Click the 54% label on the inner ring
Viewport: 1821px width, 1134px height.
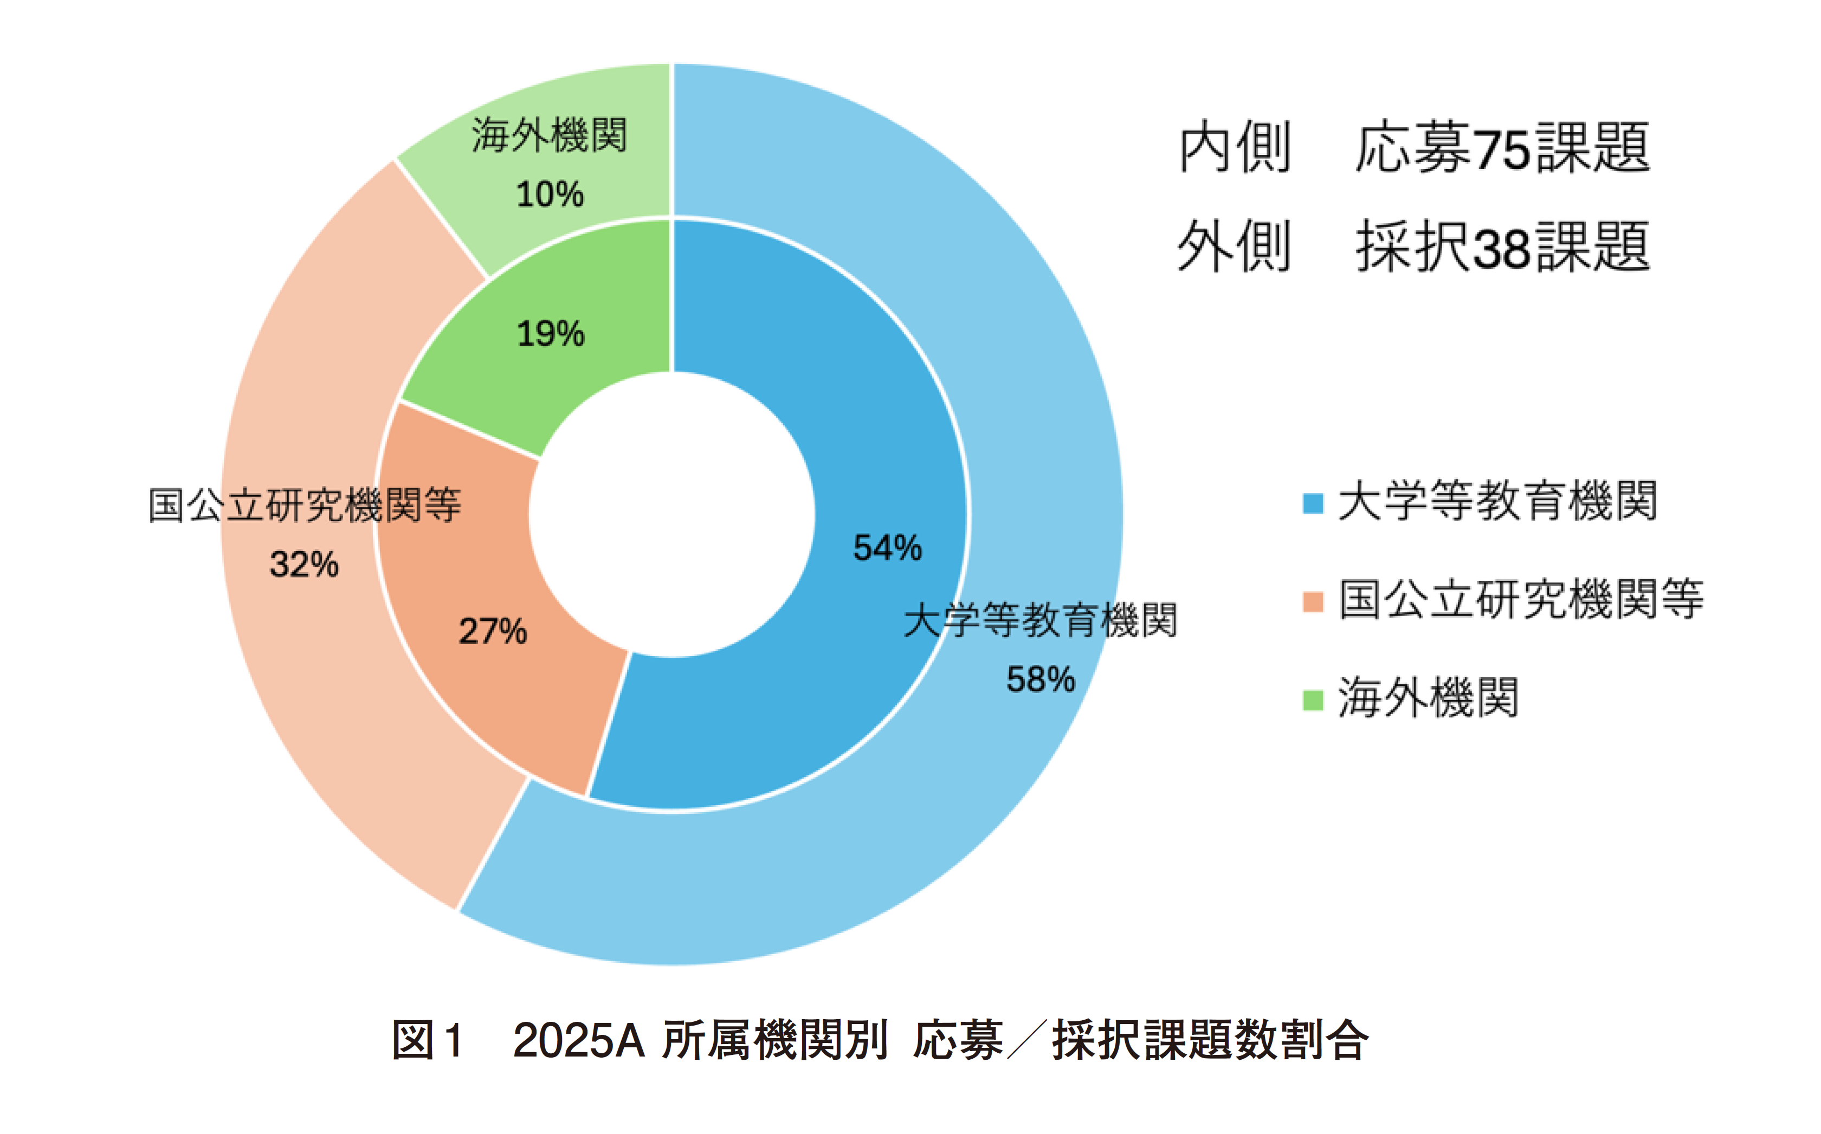pyautogui.click(x=887, y=548)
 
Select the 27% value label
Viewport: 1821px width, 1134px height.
pyautogui.click(x=493, y=632)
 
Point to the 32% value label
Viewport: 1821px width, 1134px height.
pyautogui.click(x=303, y=565)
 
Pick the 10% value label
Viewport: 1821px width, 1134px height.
pyautogui.click(x=550, y=195)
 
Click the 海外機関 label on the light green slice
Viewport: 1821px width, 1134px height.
pyautogui.click(x=549, y=137)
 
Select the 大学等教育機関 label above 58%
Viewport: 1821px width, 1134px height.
pyautogui.click(x=1040, y=621)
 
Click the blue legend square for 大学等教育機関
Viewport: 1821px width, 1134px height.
pyautogui.click(x=1313, y=503)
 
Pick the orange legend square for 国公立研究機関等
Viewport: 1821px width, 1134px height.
pyautogui.click(x=1313, y=601)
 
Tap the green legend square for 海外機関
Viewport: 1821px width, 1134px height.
pyautogui.click(x=1313, y=700)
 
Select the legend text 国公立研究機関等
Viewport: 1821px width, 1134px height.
pyautogui.click(x=1521, y=600)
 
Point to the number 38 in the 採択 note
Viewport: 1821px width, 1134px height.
pyautogui.click(x=1502, y=248)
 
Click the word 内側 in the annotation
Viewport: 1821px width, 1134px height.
pyautogui.click(x=1235, y=148)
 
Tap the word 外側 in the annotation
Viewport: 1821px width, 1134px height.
pyautogui.click(x=1235, y=247)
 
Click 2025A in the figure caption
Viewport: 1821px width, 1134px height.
pyautogui.click(x=578, y=1041)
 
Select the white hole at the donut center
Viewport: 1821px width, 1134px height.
pyautogui.click(x=672, y=515)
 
